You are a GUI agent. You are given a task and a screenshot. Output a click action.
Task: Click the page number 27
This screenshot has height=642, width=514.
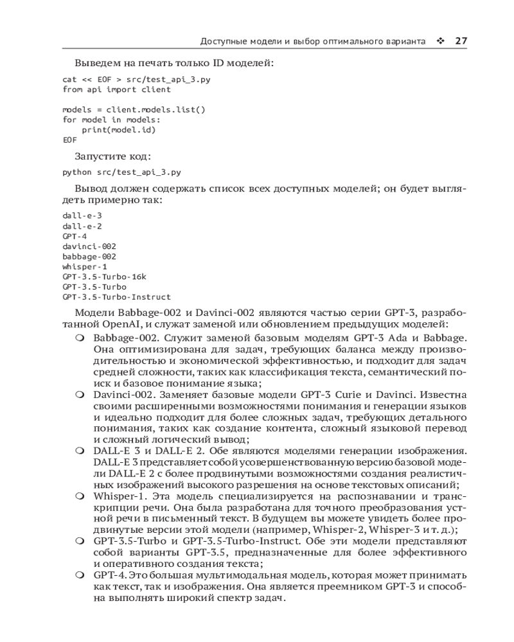(x=460, y=41)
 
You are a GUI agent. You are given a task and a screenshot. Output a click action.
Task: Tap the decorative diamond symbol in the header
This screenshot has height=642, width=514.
(x=440, y=41)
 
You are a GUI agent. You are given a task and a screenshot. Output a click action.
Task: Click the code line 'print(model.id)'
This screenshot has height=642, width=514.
(x=119, y=129)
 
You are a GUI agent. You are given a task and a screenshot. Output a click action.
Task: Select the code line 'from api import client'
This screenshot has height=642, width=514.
(x=108, y=89)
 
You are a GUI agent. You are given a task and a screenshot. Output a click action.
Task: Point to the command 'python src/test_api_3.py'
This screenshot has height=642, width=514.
(x=121, y=172)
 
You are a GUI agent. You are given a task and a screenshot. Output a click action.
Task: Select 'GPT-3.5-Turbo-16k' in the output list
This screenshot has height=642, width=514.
(x=105, y=277)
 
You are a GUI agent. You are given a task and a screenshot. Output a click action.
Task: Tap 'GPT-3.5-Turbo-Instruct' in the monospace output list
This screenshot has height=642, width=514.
(x=116, y=297)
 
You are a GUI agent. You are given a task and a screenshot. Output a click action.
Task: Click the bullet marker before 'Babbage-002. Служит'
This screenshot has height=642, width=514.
(x=79, y=338)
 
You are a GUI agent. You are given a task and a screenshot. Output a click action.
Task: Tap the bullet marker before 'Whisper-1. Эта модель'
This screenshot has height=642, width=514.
(x=79, y=496)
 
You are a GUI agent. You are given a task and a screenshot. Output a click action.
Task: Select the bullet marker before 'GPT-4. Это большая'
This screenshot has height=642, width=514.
(x=79, y=575)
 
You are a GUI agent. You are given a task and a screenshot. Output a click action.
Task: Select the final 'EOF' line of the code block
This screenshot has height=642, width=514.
(x=69, y=139)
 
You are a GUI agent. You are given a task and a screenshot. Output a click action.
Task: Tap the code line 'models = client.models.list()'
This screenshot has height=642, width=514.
(x=134, y=109)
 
